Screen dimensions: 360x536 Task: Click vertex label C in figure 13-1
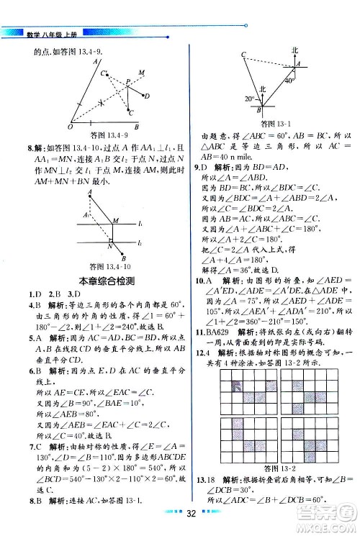point(243,55)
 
